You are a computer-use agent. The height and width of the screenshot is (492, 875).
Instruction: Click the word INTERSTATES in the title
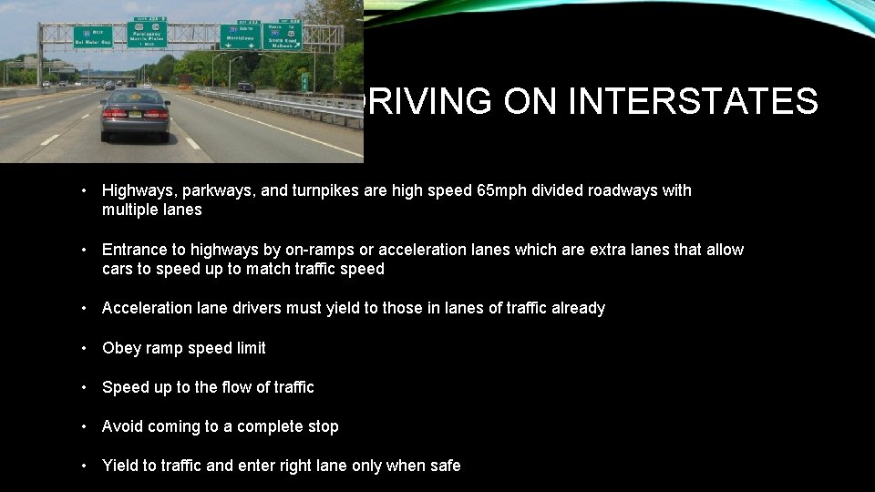[x=692, y=102]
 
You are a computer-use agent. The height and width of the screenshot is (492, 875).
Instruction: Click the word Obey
[x=119, y=348]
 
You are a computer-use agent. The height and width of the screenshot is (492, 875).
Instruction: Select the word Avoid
[x=121, y=426]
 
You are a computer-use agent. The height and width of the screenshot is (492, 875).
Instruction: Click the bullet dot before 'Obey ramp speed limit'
[x=83, y=348]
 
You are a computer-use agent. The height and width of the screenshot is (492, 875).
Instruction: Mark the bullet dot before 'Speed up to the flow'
[x=83, y=387]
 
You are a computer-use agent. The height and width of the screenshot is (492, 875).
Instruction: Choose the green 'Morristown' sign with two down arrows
[x=240, y=36]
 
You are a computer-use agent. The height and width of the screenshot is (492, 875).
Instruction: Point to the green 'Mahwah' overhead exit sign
[x=283, y=36]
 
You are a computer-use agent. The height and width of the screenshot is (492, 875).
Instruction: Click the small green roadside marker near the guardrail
[x=304, y=82]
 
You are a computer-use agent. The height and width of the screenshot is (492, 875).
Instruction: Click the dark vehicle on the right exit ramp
[x=245, y=87]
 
